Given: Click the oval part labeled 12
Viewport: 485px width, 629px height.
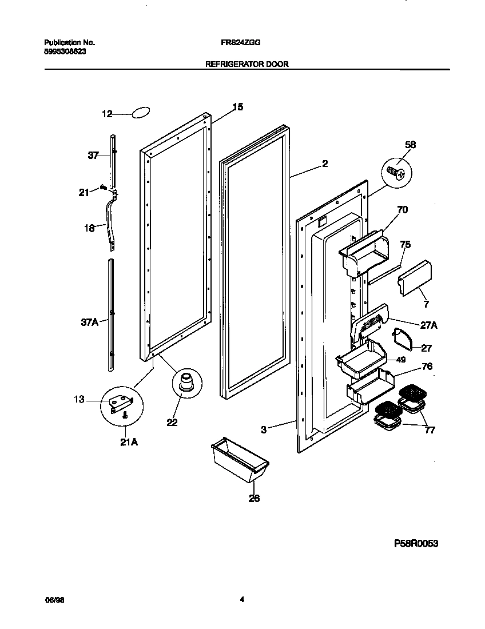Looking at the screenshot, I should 140,113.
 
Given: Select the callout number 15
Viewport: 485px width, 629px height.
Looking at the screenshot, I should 238,106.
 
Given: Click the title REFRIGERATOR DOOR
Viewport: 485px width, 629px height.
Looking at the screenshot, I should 247,65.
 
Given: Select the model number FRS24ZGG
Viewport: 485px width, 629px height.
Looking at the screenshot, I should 242,42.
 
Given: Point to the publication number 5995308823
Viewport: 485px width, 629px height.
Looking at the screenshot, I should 66,51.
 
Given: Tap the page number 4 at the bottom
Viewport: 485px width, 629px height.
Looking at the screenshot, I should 242,600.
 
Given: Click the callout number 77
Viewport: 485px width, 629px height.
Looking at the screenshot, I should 429,430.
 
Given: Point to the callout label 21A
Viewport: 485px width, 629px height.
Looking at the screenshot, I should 129,441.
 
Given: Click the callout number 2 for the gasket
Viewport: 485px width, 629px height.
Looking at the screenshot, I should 325,164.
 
